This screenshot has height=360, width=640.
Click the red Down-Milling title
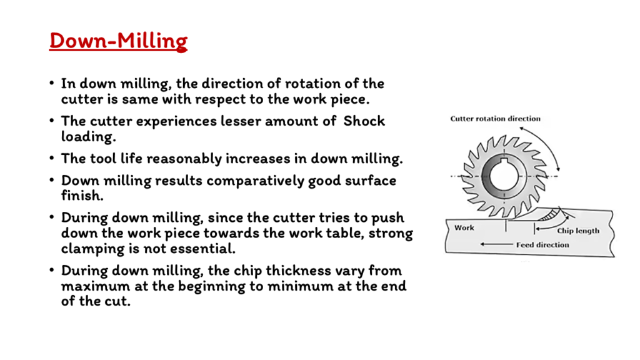[118, 41]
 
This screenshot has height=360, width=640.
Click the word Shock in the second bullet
[364, 121]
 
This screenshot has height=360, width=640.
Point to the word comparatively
[255, 181]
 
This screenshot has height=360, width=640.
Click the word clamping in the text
[92, 249]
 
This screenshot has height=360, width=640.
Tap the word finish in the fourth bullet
[82, 196]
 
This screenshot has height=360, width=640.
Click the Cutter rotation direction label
[495, 119]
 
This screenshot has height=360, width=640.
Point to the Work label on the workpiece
[464, 227]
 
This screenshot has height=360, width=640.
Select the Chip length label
[578, 231]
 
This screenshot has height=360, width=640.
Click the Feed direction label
[542, 245]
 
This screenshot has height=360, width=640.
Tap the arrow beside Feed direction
[496, 244]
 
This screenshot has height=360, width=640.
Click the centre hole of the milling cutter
[504, 176]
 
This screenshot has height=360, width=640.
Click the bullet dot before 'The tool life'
[51, 158]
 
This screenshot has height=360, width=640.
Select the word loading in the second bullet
[88, 137]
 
